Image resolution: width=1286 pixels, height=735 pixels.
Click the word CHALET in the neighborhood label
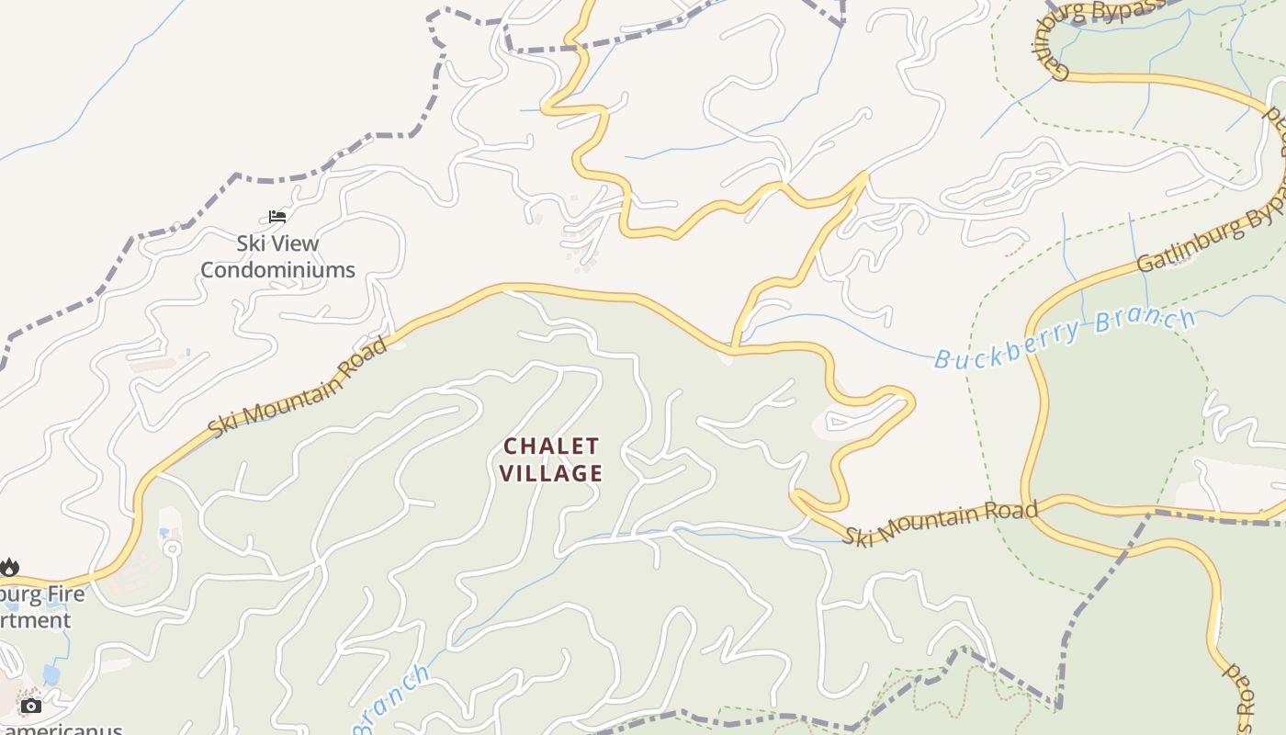[551, 447]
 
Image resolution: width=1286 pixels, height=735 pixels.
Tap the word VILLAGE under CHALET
[552, 473]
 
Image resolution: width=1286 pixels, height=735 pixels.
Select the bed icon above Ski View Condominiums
[277, 217]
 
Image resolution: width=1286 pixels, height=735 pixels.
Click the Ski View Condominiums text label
[277, 256]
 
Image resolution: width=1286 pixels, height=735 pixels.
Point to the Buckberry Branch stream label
[1066, 338]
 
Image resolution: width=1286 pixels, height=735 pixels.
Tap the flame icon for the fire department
[9, 567]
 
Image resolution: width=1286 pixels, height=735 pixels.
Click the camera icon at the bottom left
[31, 706]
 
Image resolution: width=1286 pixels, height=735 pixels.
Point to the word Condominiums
[277, 270]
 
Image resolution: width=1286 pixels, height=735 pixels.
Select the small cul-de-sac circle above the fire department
[172, 548]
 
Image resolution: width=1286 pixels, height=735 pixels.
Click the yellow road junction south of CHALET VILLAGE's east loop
[795, 497]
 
